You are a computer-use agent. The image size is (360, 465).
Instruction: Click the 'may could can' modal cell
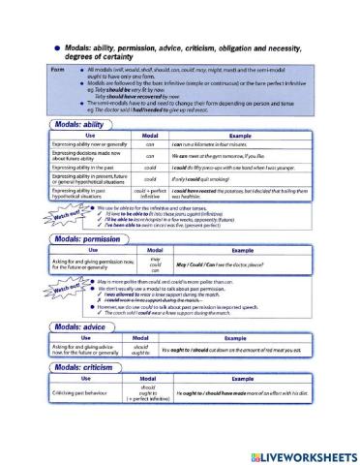(151, 264)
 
